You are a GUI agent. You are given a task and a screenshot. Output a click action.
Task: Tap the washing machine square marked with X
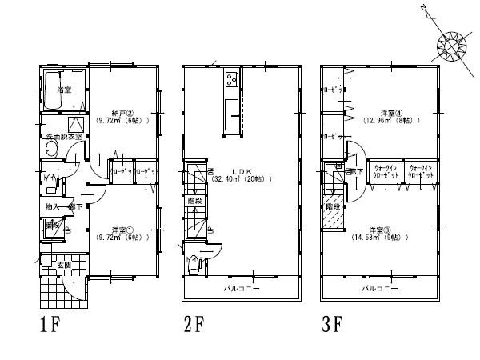coord(78,124)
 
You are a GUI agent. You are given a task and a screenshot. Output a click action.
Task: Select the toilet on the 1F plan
coord(51,183)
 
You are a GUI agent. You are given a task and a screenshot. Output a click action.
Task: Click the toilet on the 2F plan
coord(194,262)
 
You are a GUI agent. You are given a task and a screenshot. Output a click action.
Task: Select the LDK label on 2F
coord(242,171)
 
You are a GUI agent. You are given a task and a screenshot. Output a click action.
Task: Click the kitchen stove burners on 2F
coord(231,79)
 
